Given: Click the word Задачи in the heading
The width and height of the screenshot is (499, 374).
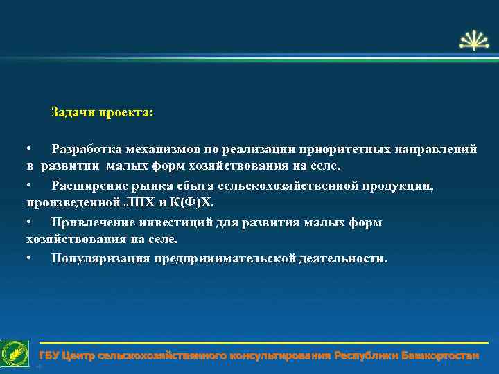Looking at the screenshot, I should [x=72, y=112].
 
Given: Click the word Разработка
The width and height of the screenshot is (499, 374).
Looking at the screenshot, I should [x=87, y=149].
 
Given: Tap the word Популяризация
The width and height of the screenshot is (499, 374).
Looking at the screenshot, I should [x=100, y=258].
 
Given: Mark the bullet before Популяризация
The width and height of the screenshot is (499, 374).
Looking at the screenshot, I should [x=29, y=258].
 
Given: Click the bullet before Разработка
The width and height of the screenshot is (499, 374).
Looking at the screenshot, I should [x=29, y=149].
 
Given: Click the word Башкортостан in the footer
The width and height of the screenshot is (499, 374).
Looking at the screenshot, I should [x=439, y=356].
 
